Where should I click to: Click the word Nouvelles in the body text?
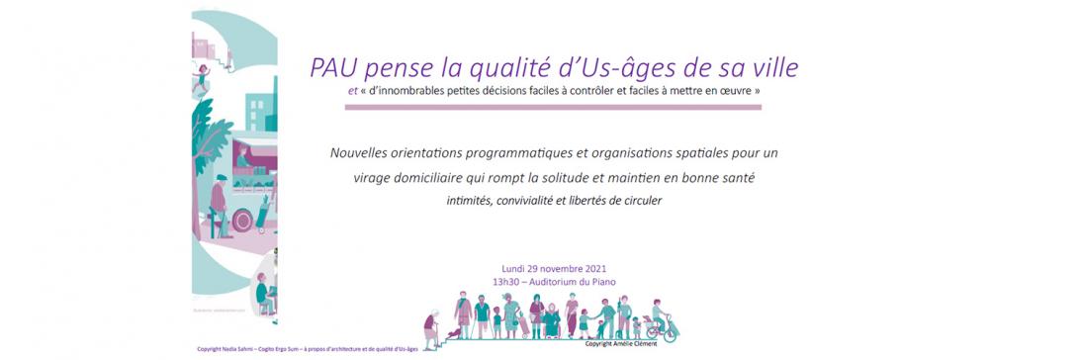point(359,154)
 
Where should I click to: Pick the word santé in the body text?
point(733,178)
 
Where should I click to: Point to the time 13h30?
point(511,281)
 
